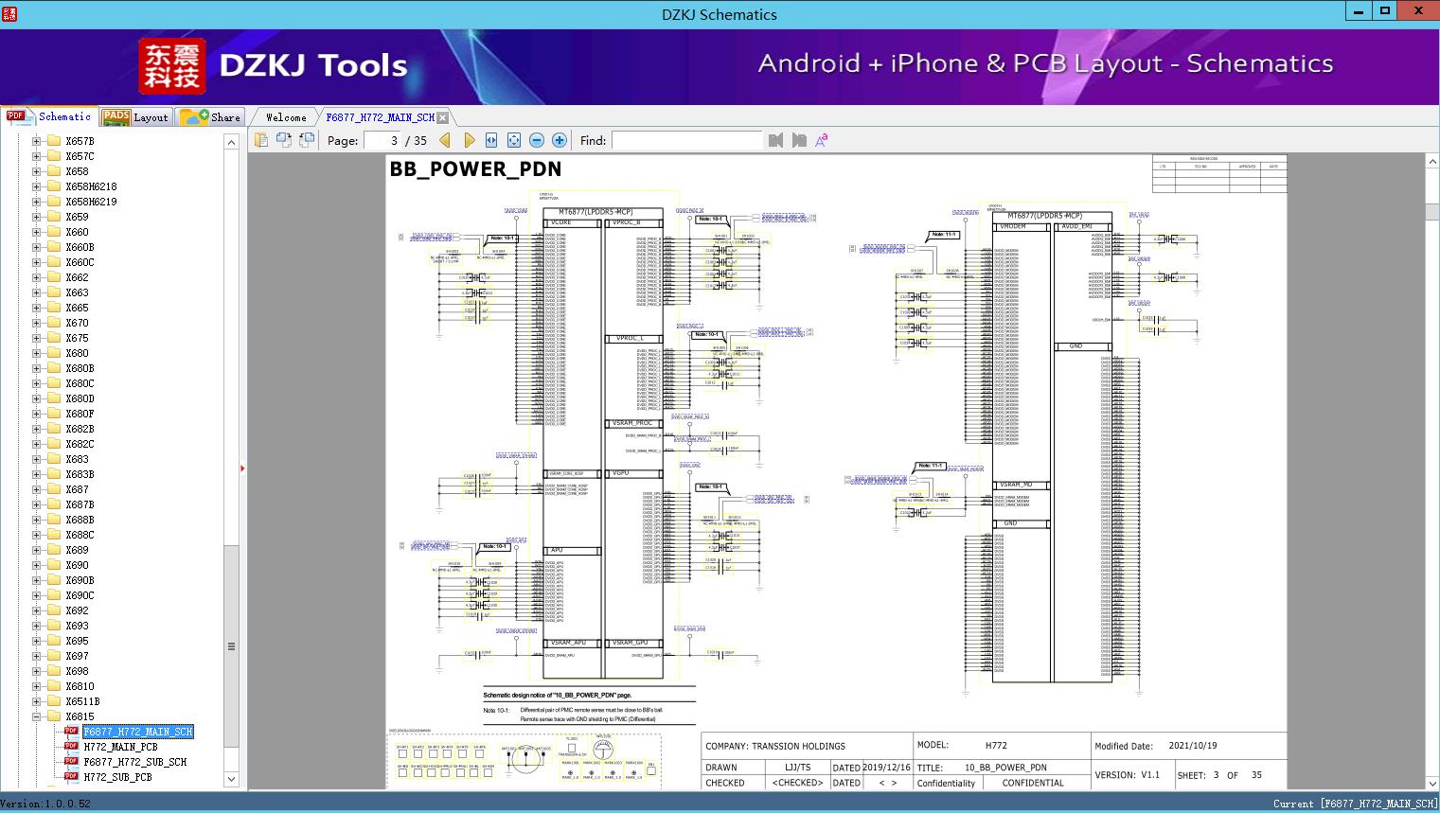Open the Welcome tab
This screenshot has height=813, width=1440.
[286, 117]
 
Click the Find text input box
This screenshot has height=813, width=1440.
[686, 140]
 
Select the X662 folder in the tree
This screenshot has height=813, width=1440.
[77, 277]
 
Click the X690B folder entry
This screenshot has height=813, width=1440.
[80, 580]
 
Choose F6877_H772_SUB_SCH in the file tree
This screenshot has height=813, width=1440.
[134, 762]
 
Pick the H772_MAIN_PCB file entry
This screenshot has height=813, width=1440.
[120, 747]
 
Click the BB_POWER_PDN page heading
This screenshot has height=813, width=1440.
[475, 169]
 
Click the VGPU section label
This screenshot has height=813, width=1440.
[621, 473]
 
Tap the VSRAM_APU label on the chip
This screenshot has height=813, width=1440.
[568, 643]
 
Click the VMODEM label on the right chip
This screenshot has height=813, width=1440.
[1013, 227]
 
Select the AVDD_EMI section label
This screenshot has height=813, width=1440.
[1077, 227]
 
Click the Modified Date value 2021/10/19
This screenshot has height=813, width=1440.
[1193, 746]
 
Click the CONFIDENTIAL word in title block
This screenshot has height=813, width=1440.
[1033, 783]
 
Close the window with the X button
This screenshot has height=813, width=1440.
[1418, 11]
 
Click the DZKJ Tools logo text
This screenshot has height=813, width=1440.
[312, 65]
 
